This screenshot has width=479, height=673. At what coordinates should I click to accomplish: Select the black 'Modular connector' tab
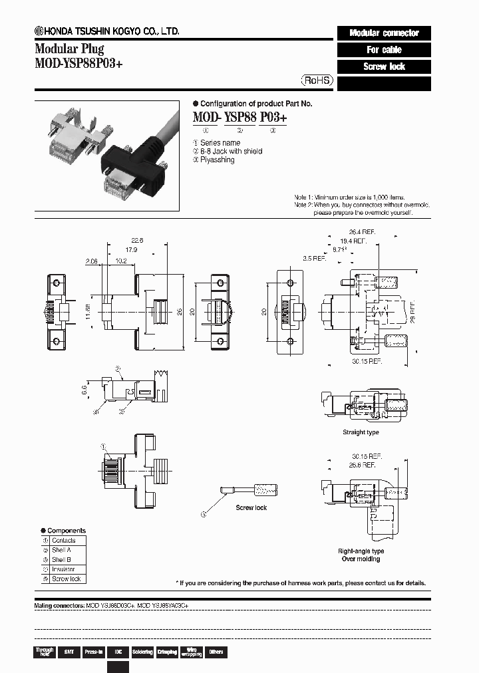384,33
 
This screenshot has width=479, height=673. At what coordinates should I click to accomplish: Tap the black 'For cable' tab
384,50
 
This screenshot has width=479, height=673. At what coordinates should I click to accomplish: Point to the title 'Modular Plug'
69,49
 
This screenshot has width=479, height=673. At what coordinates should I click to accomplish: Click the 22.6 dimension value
138,241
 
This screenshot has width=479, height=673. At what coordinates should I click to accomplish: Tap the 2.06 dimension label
91,261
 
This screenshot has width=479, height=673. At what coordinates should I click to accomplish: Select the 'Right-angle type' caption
361,551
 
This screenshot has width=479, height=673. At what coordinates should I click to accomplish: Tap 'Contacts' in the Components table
63,541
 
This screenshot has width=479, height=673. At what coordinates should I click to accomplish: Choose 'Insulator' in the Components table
63,569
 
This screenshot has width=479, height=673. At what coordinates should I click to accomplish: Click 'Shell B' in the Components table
61,560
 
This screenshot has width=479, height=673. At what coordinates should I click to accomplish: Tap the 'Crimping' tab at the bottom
167,652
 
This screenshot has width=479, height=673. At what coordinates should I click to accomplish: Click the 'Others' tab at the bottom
216,652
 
